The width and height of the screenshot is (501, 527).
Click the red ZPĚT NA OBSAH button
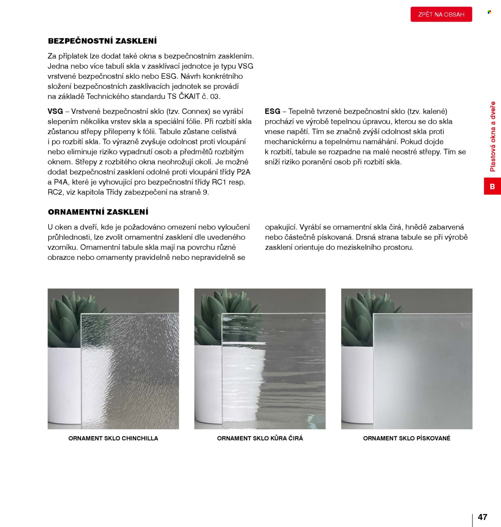(x=441, y=14)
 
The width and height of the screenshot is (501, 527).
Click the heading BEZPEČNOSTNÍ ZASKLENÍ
(x=102, y=41)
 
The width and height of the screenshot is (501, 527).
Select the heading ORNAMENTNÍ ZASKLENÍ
(x=98, y=212)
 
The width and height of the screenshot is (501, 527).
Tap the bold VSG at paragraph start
(x=55, y=111)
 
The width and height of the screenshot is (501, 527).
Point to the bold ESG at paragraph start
(x=273, y=111)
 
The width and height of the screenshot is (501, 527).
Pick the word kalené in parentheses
(x=434, y=111)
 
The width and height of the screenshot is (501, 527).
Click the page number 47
(x=483, y=517)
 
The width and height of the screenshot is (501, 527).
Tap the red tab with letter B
(x=492, y=186)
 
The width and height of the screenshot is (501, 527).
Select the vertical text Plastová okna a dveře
(x=493, y=137)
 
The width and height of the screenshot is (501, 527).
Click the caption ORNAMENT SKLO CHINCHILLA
(x=113, y=438)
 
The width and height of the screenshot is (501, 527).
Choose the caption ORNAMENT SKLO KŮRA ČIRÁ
(x=260, y=438)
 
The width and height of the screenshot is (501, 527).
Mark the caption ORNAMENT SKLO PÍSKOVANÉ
(x=406, y=438)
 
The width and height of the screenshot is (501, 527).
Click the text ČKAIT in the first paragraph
(x=189, y=97)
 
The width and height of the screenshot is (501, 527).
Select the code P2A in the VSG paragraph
(x=243, y=172)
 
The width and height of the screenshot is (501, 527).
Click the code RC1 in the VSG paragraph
(x=219, y=182)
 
